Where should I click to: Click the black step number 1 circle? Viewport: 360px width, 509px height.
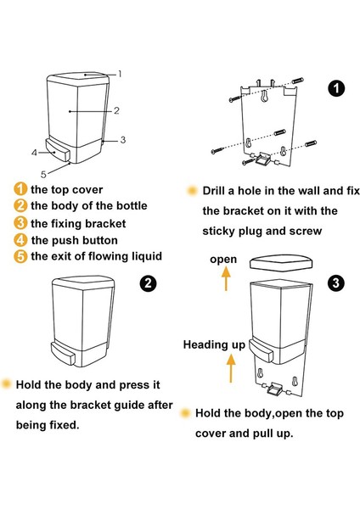click(x=336, y=88)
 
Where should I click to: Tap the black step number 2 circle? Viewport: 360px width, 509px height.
click(x=148, y=283)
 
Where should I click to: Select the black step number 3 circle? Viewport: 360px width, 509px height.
click(x=335, y=282)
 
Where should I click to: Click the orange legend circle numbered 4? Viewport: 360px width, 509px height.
click(x=20, y=240)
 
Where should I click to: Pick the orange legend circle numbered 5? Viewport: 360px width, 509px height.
click(x=20, y=256)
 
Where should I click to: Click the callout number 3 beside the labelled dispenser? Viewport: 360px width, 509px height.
click(x=123, y=140)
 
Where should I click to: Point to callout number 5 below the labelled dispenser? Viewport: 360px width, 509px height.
click(x=43, y=174)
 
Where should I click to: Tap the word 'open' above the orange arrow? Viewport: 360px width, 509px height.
click(x=223, y=260)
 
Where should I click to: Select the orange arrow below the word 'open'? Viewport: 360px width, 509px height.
click(x=226, y=279)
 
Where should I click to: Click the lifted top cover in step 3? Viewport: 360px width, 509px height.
click(x=281, y=263)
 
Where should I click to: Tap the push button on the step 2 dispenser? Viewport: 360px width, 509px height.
click(x=63, y=354)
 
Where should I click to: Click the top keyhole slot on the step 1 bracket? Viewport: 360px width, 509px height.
click(x=264, y=95)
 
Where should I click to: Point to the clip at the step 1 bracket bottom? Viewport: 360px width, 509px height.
click(x=262, y=159)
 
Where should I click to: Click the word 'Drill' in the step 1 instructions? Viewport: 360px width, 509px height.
click(x=214, y=191)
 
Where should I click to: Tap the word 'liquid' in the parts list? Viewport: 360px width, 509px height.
click(x=147, y=256)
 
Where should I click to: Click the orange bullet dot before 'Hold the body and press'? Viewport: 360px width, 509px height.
click(x=6, y=383)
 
